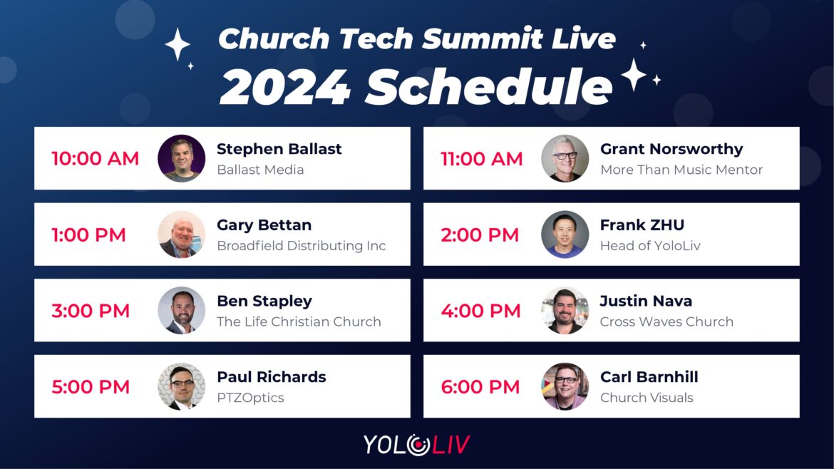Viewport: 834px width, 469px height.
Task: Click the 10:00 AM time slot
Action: [x=96, y=158]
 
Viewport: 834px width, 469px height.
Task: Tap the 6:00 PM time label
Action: [x=480, y=386]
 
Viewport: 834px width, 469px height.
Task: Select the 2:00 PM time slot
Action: [x=480, y=234]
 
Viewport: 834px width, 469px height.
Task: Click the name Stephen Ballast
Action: [x=279, y=150]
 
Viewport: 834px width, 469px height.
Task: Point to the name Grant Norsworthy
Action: [x=671, y=150]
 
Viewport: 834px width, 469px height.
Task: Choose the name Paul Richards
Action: [x=272, y=377]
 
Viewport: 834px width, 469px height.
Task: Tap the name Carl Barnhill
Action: [x=649, y=377]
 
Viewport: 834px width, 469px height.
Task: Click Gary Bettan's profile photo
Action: [x=181, y=234]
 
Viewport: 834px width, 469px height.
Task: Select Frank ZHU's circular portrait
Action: [x=565, y=234]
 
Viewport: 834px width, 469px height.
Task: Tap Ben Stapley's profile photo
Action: [x=181, y=311]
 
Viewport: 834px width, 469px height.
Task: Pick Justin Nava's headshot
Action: [x=565, y=311]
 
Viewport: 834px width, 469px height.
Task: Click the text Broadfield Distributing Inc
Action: [x=301, y=246]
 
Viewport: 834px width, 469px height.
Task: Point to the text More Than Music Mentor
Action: [x=681, y=170]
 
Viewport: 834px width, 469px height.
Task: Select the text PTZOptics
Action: [x=250, y=398]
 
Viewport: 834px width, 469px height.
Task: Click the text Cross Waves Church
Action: [x=666, y=321]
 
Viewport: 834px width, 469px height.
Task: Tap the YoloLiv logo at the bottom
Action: [x=417, y=445]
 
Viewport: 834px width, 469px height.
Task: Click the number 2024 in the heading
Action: [x=285, y=87]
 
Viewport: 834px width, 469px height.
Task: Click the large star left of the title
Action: [x=177, y=45]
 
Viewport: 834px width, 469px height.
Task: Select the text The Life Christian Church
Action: [x=299, y=321]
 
